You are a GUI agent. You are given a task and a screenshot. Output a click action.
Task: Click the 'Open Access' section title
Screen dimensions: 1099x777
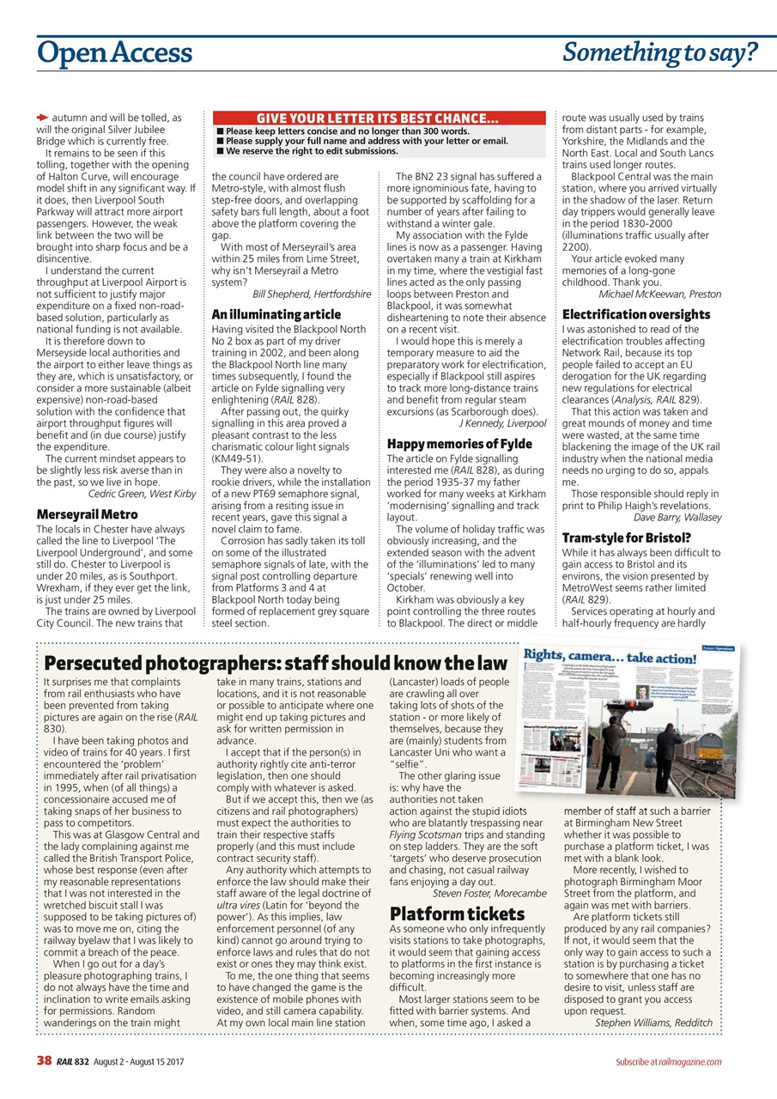click(114, 54)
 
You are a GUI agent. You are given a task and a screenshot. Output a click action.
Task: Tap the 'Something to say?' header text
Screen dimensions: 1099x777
click(659, 54)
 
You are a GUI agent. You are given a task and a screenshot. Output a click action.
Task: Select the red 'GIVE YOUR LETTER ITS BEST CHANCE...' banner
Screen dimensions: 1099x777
click(379, 118)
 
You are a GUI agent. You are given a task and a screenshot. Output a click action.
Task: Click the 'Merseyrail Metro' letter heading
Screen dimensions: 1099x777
click(88, 514)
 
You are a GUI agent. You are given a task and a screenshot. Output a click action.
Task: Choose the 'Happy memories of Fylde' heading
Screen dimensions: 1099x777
click(459, 444)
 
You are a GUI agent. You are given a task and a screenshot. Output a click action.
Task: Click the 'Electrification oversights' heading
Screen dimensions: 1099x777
click(636, 314)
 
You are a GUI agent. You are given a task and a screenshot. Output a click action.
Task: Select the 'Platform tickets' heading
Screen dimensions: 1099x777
click(457, 913)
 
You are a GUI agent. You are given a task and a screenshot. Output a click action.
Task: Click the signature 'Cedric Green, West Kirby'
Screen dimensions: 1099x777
click(143, 494)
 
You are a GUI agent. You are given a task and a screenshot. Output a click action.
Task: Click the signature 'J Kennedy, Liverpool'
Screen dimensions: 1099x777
click(502, 423)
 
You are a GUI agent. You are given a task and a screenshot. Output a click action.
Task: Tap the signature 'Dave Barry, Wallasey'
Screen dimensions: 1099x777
click(677, 518)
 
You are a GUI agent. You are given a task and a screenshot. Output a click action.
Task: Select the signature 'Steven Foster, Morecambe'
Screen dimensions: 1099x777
click(489, 893)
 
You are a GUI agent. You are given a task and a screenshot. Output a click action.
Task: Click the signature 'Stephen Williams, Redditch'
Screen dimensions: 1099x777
click(653, 1023)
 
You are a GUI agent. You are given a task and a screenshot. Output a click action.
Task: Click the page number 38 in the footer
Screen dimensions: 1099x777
click(45, 1061)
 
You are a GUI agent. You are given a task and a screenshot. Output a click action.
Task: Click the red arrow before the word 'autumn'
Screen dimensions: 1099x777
click(42, 117)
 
